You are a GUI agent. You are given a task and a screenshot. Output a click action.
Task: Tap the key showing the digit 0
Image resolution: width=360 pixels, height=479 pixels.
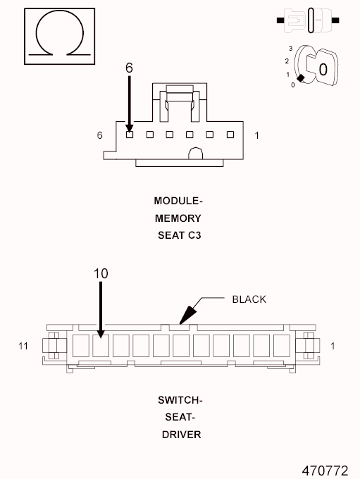pyautogui.click(x=322, y=68)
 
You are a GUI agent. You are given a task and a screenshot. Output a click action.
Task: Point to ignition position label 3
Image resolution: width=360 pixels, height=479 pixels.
pyautogui.click(x=290, y=49)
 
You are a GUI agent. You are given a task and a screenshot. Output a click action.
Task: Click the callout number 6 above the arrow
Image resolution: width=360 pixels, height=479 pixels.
pyautogui.click(x=129, y=68)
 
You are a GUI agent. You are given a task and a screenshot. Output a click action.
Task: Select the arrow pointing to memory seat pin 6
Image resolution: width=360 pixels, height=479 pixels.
pyautogui.click(x=129, y=102)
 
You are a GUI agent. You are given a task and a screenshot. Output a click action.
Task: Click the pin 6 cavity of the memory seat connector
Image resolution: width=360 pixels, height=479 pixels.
pyautogui.click(x=130, y=135)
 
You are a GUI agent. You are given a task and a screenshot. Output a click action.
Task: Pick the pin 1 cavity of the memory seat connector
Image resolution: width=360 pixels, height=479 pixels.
pyautogui.click(x=230, y=135)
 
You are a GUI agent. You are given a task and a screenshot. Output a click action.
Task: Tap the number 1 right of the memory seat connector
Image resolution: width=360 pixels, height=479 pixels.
pyautogui.click(x=256, y=135)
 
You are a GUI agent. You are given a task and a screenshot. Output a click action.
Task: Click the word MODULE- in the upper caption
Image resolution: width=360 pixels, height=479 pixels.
pyautogui.click(x=179, y=201)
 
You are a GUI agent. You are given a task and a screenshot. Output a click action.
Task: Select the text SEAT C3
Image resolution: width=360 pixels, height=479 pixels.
pyautogui.click(x=179, y=236)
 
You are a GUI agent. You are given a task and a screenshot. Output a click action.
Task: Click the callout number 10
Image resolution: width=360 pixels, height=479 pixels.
pyautogui.click(x=101, y=273)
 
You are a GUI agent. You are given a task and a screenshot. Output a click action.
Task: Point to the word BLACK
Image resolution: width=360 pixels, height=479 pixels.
pyautogui.click(x=249, y=299)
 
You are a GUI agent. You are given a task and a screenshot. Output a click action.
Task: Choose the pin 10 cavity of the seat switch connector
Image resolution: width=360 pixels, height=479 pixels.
pyautogui.click(x=101, y=345)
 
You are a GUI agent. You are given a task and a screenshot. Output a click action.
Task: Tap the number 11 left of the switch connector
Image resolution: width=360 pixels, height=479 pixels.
pyautogui.click(x=23, y=346)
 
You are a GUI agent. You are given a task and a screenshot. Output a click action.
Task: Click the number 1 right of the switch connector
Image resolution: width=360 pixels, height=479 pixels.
pyautogui.click(x=332, y=346)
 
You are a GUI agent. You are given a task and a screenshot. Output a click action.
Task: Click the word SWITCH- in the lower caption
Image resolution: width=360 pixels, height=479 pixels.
pyautogui.click(x=180, y=400)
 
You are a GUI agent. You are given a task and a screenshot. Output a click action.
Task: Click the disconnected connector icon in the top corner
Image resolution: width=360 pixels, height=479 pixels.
pyautogui.click(x=310, y=21)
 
